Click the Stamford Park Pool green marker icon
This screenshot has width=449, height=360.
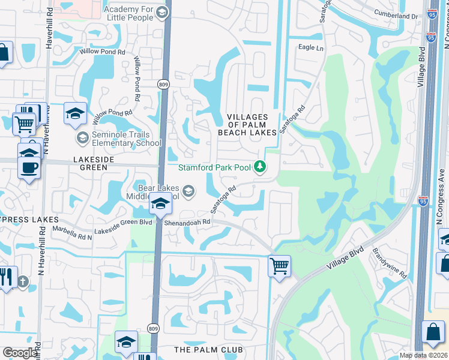(x=260, y=167)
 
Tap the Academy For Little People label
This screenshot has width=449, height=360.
(x=130, y=13)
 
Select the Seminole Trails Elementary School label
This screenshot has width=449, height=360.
(x=127, y=139)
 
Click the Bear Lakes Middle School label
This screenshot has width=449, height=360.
(x=154, y=192)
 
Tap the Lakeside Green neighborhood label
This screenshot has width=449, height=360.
(x=93, y=160)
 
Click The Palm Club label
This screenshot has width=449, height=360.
(x=208, y=349)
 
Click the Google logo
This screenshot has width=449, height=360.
(x=20, y=353)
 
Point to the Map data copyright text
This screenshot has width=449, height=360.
(x=424, y=355)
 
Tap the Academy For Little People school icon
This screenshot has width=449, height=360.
(x=161, y=13)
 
